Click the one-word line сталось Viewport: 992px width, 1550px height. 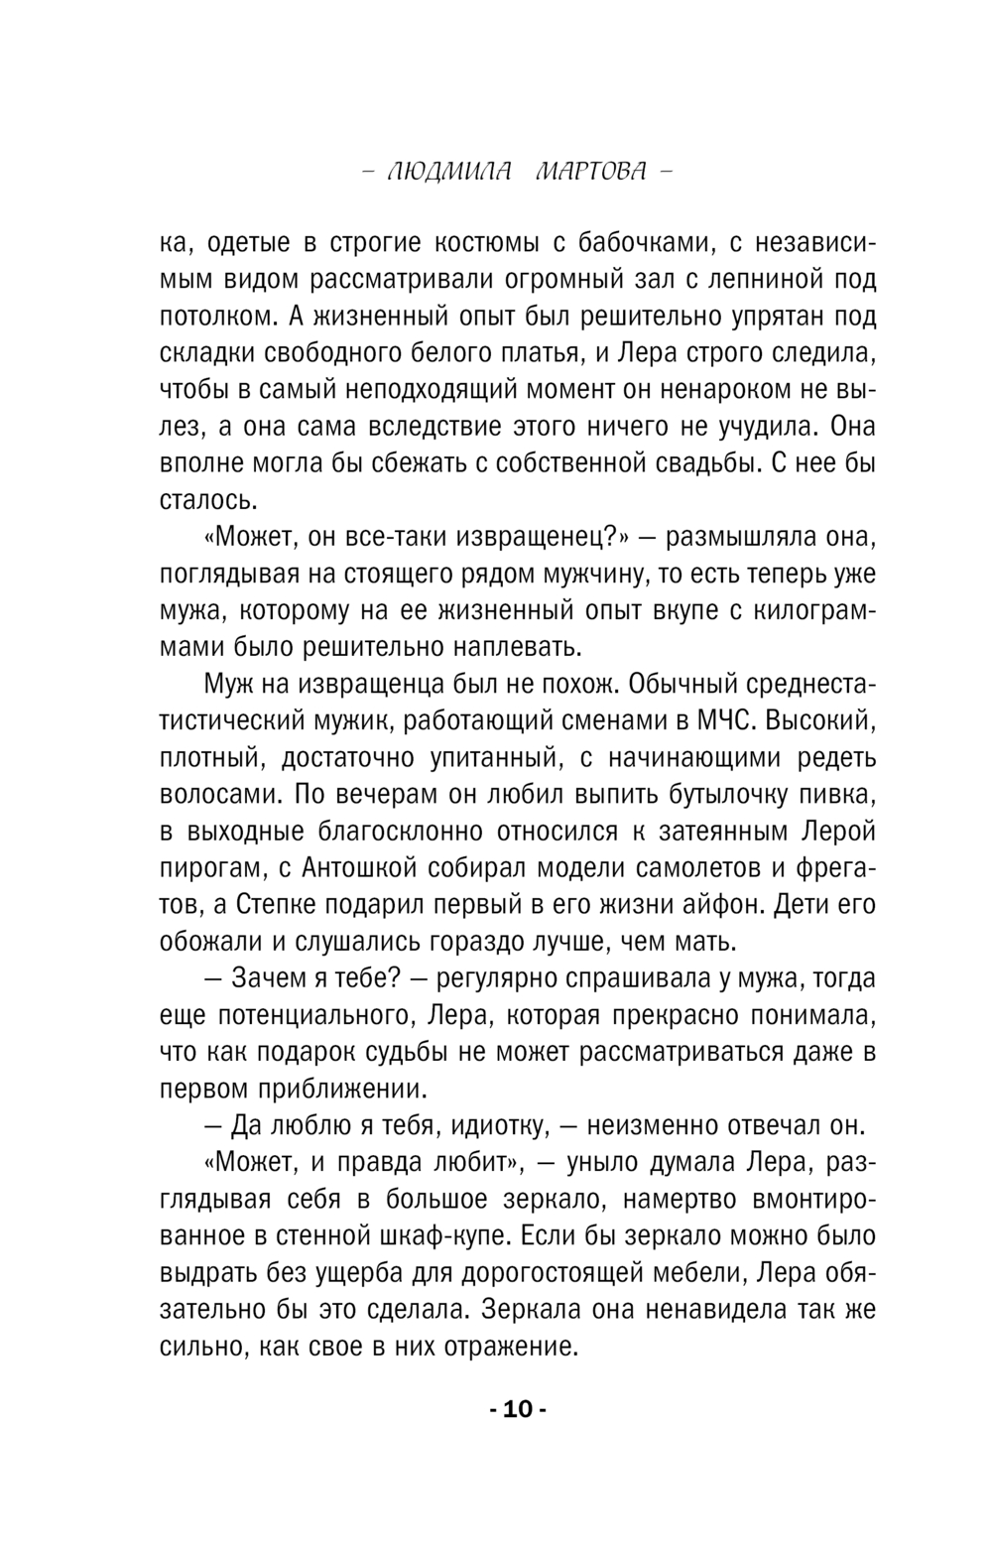point(203,499)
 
